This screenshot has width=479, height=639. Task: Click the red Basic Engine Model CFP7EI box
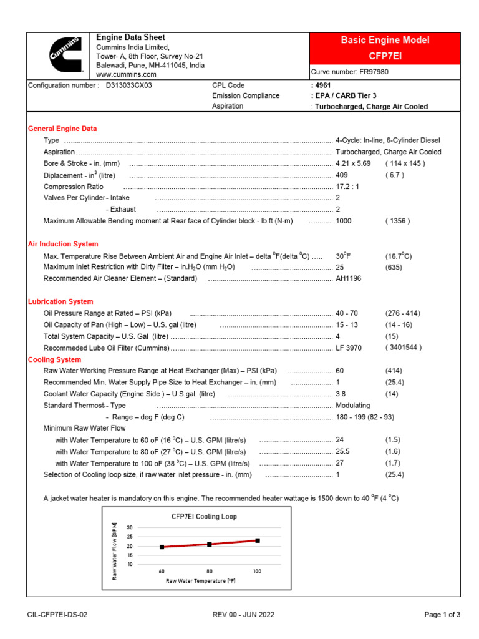pyautogui.click(x=385, y=48)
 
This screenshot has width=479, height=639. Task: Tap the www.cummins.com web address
pyautogui.click(x=126, y=74)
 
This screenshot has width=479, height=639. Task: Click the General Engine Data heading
pyautogui.click(x=62, y=129)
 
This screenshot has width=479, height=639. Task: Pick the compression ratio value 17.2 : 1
pyautogui.click(x=347, y=187)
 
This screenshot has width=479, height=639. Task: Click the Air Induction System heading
pyautogui.click(x=63, y=244)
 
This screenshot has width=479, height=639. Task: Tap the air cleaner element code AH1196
pyautogui.click(x=348, y=278)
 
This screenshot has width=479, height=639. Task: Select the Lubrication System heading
pyautogui.click(x=60, y=301)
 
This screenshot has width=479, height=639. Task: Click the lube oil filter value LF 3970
pyautogui.click(x=349, y=348)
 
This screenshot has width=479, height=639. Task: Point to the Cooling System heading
pyautogui.click(x=54, y=359)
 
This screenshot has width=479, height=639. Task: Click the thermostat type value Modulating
pyautogui.click(x=354, y=406)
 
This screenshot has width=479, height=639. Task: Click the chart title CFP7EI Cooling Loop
pyautogui.click(x=204, y=517)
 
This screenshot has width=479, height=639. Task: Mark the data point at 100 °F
pyautogui.click(x=257, y=540)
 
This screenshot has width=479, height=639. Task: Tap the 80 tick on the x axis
pyautogui.click(x=210, y=571)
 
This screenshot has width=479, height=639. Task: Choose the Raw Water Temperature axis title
pyautogui.click(x=200, y=581)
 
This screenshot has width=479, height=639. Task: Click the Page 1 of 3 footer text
pyautogui.click(x=442, y=615)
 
